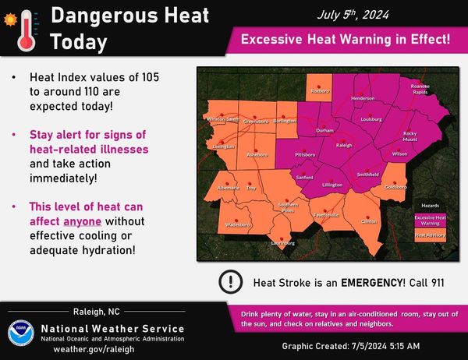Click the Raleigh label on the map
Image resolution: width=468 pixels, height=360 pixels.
pos(345,145)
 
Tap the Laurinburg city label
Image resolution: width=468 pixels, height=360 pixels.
pos(283,243)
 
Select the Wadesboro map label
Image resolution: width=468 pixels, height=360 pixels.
pos(237,224)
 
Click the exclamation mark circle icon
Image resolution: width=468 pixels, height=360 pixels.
pos(231,281)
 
